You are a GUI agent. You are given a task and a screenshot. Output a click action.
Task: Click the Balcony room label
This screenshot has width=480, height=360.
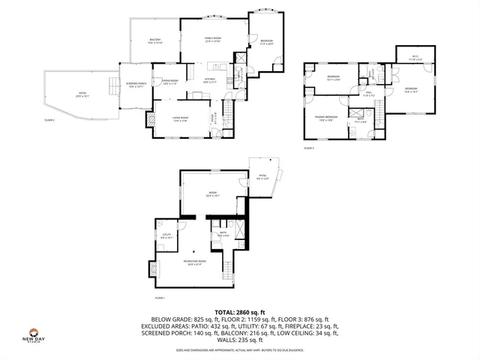[x=155, y=40]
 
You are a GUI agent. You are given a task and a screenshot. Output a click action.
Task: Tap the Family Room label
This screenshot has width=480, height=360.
[x=212, y=40]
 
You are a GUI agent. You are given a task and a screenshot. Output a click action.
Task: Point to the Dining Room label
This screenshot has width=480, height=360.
[x=166, y=82]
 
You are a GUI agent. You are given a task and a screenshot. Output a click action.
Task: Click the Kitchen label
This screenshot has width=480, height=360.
[x=211, y=81]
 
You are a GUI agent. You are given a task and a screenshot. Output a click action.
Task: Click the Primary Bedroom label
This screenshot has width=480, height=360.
[x=325, y=118]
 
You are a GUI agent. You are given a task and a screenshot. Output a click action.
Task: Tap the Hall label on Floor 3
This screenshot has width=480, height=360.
[x=367, y=94]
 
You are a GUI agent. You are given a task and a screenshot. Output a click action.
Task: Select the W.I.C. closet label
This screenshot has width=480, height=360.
[x=415, y=58]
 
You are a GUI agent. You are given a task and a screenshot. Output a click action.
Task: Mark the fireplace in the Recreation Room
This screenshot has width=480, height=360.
[x=155, y=268]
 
